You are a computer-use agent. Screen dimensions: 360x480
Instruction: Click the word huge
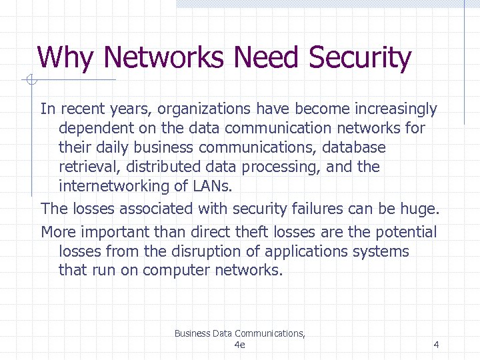(419, 209)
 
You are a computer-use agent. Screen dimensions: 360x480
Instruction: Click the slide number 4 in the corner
(436, 345)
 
